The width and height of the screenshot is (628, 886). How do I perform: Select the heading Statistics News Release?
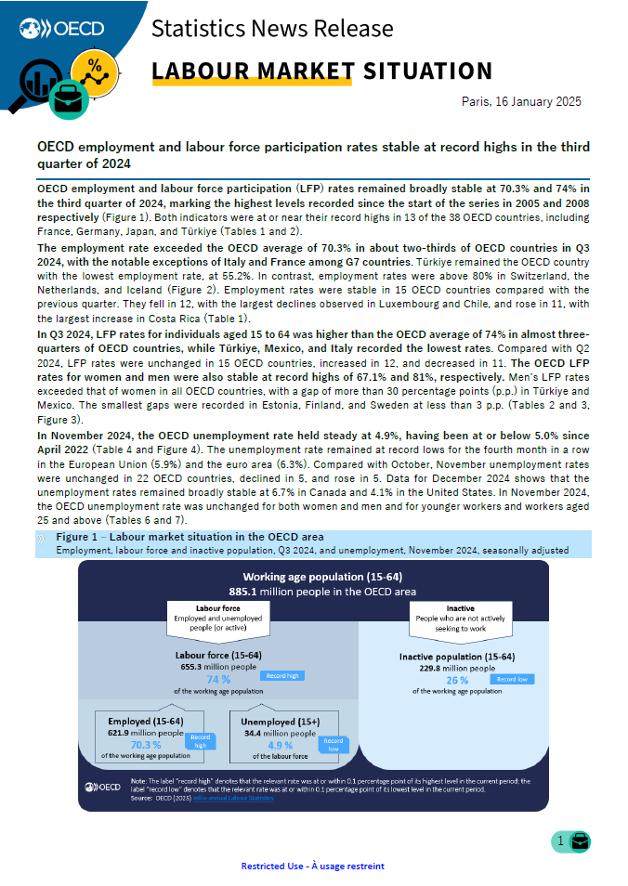point(271,29)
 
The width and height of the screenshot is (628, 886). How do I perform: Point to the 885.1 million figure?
point(246,591)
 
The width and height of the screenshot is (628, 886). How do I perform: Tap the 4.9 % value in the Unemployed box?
point(280,744)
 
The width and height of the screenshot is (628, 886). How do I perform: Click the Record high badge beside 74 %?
point(283,676)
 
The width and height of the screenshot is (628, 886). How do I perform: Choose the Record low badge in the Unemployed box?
point(334,745)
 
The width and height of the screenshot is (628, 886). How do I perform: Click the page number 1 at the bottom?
point(560,841)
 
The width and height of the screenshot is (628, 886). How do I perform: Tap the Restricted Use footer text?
point(312,866)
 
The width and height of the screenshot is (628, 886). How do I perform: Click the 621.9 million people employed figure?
point(145,733)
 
